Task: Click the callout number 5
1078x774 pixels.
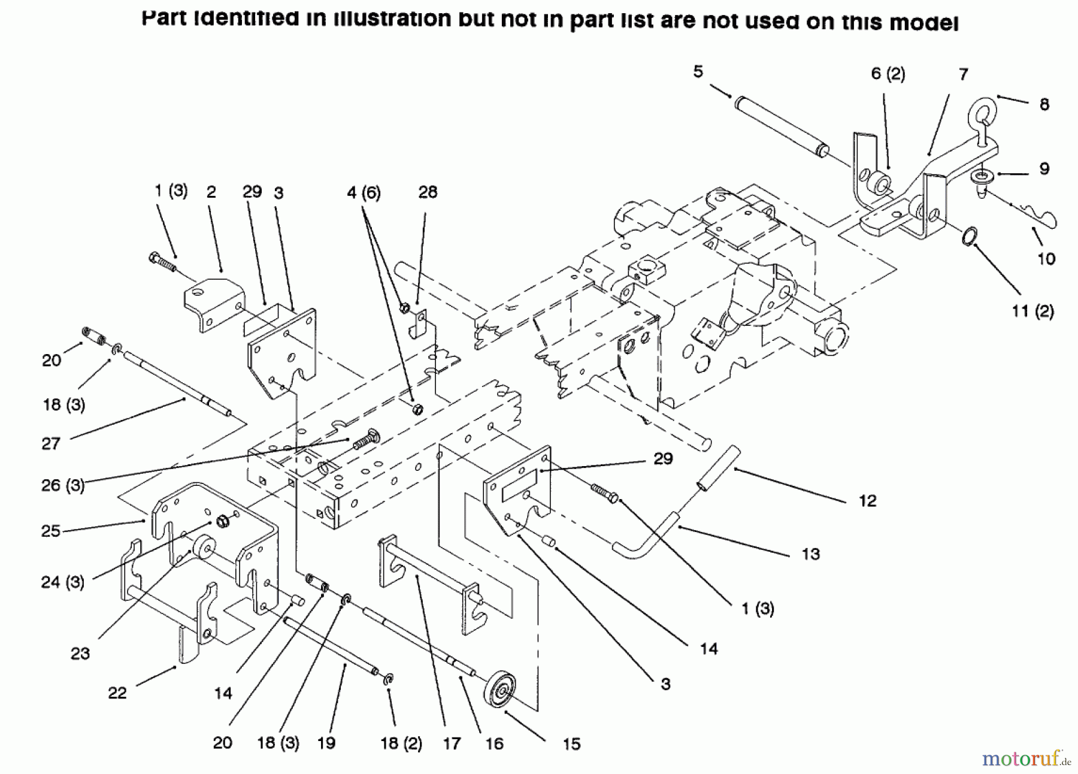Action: (698, 72)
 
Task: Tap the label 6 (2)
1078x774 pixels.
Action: (888, 74)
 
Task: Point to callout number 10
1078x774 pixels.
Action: (1046, 259)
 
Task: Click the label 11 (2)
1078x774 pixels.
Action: (1032, 311)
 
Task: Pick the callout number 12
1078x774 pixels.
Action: (867, 500)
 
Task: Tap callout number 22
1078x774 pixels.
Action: (117, 693)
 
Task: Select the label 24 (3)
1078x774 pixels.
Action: (62, 582)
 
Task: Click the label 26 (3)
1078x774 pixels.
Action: (62, 485)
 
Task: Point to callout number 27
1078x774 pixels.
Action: (51, 443)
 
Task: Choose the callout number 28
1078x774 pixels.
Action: (428, 192)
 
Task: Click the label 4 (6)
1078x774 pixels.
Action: (364, 193)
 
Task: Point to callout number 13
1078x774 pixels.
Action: (810, 554)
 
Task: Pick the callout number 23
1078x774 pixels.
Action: (80, 653)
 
